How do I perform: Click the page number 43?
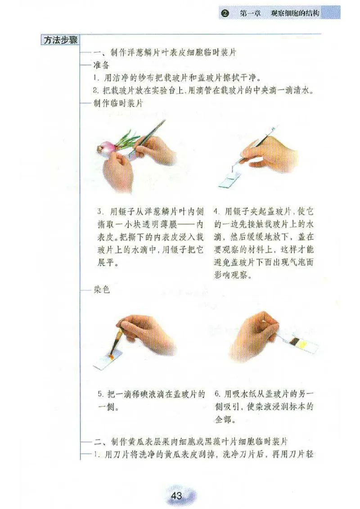tap(176, 496)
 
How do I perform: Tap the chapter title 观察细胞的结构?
tap(295, 13)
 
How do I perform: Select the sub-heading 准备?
tap(101, 65)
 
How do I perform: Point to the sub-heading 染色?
tap(102, 291)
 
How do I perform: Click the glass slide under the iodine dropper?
tap(110, 360)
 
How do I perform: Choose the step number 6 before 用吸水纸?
tap(216, 395)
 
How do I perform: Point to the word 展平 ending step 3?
tap(108, 263)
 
